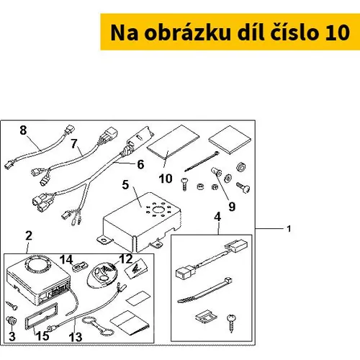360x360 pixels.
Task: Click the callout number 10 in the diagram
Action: coord(166,179)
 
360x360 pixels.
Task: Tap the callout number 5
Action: coord(125,185)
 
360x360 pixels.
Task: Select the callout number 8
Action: coord(23,130)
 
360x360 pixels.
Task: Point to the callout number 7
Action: coord(74,143)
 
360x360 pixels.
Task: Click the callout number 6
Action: coord(140,164)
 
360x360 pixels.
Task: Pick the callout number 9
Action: coord(232,207)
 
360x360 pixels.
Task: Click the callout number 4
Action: coord(217,217)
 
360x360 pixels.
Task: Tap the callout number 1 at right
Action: coord(289,229)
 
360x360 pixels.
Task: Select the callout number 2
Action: coord(29,235)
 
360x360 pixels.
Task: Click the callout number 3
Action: coord(12,336)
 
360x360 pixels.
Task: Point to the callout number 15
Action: coord(42,336)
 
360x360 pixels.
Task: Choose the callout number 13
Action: coord(76,337)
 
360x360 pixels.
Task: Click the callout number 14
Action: coord(66,260)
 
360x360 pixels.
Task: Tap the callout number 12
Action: coord(126,259)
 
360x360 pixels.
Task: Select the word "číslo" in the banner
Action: coord(294,32)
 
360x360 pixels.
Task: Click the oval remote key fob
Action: coord(102,274)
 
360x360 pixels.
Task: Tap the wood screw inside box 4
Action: coord(232,323)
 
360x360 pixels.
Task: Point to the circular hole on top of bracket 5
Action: coord(158,210)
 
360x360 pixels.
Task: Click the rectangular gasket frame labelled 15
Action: coord(41,315)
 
